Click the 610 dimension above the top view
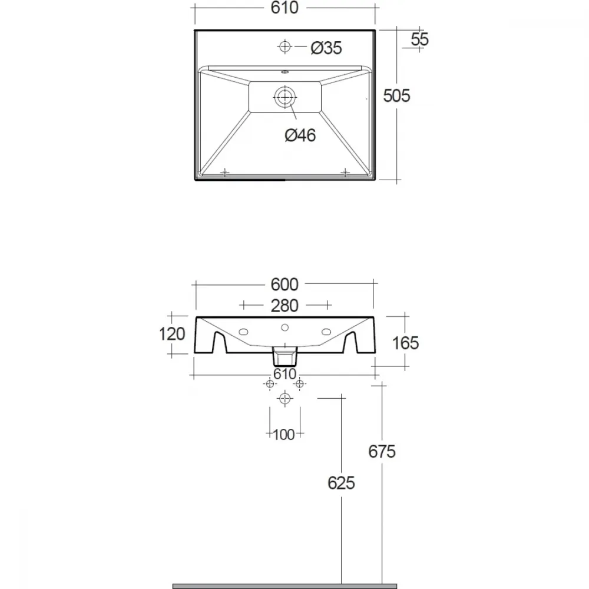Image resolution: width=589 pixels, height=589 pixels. pyautogui.click(x=284, y=8)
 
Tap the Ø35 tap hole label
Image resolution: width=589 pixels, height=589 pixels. pyautogui.click(x=326, y=48)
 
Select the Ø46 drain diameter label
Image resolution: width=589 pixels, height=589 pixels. pyautogui.click(x=300, y=135)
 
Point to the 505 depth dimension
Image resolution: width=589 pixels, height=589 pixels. pyautogui.click(x=396, y=96)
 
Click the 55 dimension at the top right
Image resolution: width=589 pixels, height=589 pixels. pyautogui.click(x=419, y=39)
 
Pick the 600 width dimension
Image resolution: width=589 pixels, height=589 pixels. pyautogui.click(x=284, y=284)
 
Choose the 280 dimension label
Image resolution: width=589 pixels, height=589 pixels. pyautogui.click(x=284, y=306)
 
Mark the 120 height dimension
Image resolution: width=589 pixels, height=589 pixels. pyautogui.click(x=172, y=334)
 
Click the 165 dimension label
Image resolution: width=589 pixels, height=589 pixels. pyautogui.click(x=405, y=343)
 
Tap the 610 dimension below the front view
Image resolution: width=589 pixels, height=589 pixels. pyautogui.click(x=284, y=374)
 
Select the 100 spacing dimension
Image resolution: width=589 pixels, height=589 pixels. pyautogui.click(x=284, y=435)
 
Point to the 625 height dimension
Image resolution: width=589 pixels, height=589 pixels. pyautogui.click(x=341, y=483)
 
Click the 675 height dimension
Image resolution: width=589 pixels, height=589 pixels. pyautogui.click(x=382, y=452)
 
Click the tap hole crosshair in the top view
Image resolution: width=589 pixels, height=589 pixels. pyautogui.click(x=284, y=46)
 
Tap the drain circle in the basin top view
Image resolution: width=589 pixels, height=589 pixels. pyautogui.click(x=284, y=97)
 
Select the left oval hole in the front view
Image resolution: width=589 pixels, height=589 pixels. pyautogui.click(x=243, y=332)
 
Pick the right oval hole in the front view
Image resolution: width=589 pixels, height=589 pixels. pyautogui.click(x=326, y=332)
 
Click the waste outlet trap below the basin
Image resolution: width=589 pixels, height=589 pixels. pyautogui.click(x=284, y=356)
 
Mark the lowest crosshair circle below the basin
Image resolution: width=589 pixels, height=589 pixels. pyautogui.click(x=284, y=398)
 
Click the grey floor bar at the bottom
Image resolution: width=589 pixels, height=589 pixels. pyautogui.click(x=284, y=586)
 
